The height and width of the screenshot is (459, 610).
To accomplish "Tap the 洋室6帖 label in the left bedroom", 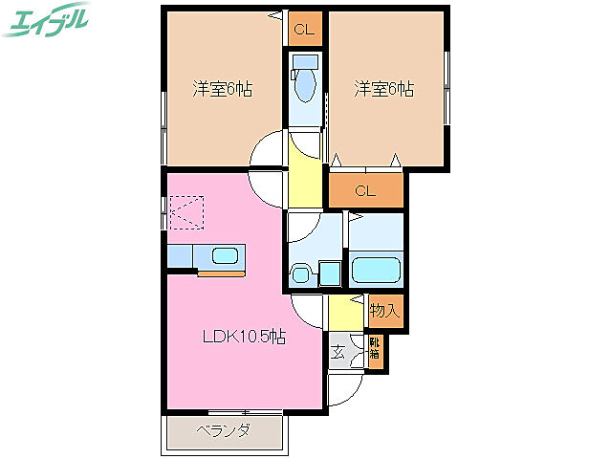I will (x=222, y=90).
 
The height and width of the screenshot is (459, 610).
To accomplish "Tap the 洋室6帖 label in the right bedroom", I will (x=383, y=90).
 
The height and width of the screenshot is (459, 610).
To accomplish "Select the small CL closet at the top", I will (x=303, y=30).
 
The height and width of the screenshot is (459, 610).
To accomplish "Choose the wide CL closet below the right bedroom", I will (x=365, y=190).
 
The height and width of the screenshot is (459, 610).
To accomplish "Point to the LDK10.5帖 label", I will (x=243, y=337).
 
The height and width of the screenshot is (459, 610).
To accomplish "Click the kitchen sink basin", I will (x=225, y=256).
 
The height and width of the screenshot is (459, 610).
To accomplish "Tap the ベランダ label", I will (x=226, y=431).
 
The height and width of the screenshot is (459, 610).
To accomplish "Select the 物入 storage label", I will (x=384, y=310).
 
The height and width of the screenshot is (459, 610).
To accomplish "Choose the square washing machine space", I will (x=330, y=273).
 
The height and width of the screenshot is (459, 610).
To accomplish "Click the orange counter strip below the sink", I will (x=221, y=273).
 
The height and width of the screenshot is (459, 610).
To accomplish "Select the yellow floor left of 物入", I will (x=341, y=312).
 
